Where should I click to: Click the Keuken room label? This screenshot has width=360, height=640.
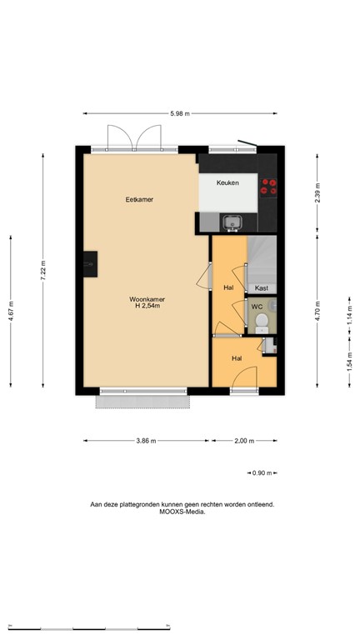(x=227, y=182)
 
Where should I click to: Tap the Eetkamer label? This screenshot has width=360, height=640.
(x=139, y=199)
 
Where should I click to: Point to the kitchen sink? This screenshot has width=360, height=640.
(x=231, y=222)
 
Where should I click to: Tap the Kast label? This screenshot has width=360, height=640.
(x=261, y=287)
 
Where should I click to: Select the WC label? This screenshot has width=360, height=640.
(x=257, y=307)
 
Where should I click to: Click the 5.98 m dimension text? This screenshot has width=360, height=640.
(x=180, y=114)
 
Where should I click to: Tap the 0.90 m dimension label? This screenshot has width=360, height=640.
(x=260, y=473)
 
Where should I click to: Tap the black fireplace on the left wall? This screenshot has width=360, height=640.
(x=89, y=263)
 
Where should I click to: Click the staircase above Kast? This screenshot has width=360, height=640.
(x=261, y=258)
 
